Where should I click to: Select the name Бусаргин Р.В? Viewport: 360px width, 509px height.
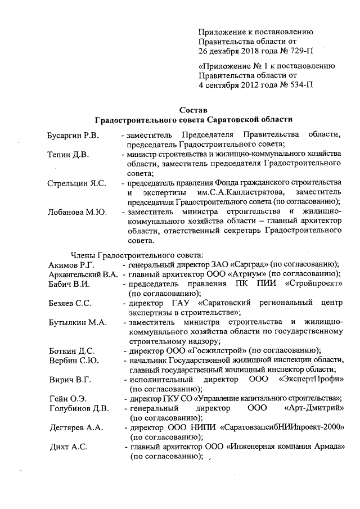(x=73, y=136)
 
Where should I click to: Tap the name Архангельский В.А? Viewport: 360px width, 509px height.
(x=83, y=274)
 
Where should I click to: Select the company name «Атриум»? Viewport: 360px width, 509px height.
(x=229, y=274)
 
